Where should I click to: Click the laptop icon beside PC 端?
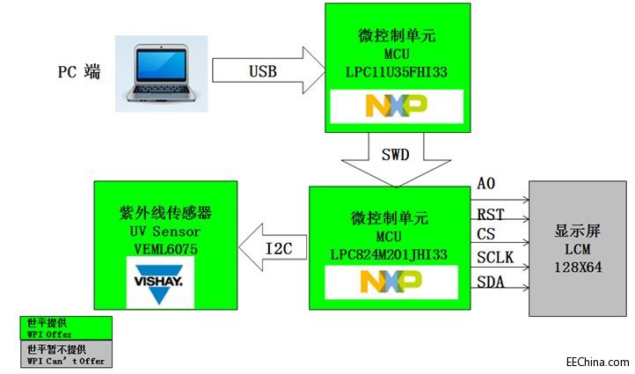pyautogui.click(x=164, y=72)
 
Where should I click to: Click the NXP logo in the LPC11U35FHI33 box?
pyautogui.click(x=395, y=106)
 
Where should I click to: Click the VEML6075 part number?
pyautogui.click(x=165, y=249)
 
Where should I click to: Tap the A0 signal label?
pyautogui.click(x=485, y=184)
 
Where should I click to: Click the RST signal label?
pyautogui.click(x=490, y=214)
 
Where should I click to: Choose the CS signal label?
pyautogui.click(x=486, y=234)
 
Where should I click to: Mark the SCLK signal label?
pyautogui.click(x=495, y=257)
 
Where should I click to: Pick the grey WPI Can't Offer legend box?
pyautogui.click(x=66, y=355)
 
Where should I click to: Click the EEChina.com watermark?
pyautogui.click(x=597, y=361)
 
